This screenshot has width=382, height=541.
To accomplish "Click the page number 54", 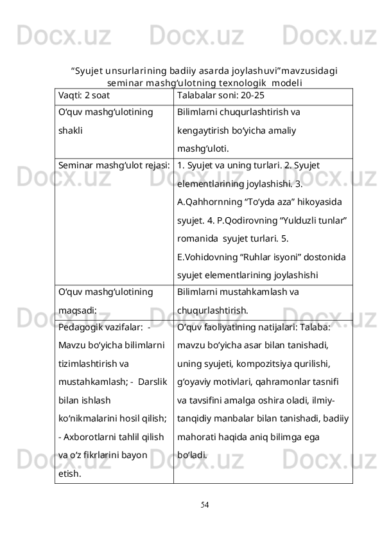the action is [204, 503].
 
